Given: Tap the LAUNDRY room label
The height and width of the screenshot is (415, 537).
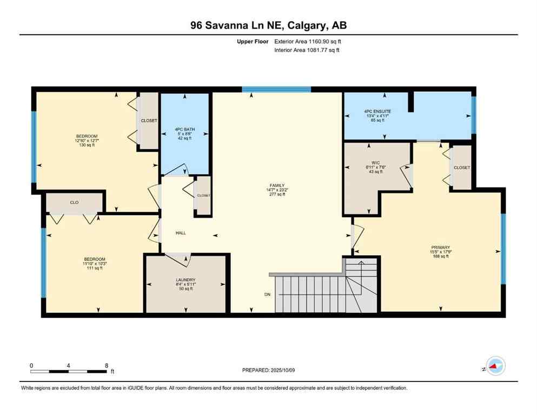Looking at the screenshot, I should [x=185, y=279].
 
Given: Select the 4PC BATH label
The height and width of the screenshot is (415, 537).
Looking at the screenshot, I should [x=184, y=129].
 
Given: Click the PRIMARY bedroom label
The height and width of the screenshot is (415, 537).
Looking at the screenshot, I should [x=441, y=247].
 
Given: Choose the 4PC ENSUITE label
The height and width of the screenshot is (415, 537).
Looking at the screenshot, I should [x=377, y=111].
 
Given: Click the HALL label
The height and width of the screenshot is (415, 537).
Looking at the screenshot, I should [x=181, y=233].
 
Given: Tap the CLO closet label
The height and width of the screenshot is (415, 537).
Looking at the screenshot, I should [x=75, y=202].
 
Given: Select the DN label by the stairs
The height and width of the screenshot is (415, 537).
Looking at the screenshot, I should [x=267, y=294].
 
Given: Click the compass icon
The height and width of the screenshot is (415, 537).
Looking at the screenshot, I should [x=495, y=366].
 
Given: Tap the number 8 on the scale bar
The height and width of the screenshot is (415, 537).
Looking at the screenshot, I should [x=106, y=365].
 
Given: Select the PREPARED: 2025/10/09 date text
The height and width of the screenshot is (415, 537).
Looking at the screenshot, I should [x=268, y=370].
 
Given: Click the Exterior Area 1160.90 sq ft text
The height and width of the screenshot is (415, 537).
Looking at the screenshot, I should [x=308, y=41].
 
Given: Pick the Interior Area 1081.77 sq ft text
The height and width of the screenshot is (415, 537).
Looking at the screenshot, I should [x=307, y=50].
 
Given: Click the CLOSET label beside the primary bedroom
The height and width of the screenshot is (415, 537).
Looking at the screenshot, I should [x=461, y=168].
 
